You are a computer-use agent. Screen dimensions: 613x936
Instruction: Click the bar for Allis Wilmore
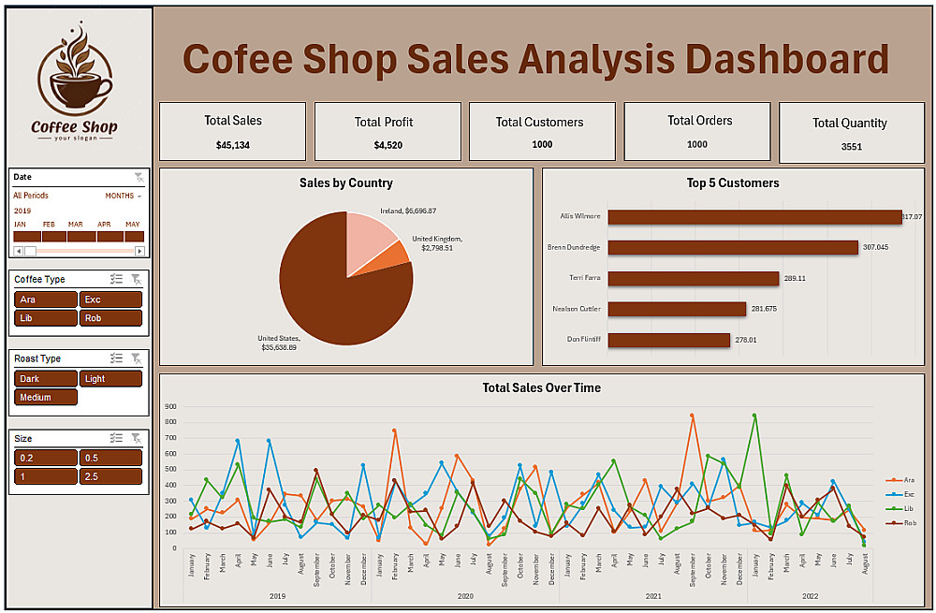tap(753, 217)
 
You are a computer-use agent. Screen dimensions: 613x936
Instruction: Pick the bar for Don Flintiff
tap(668, 340)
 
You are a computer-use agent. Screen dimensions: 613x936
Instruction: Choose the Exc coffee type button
tap(110, 299)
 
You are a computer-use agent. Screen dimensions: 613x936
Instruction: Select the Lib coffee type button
tap(46, 318)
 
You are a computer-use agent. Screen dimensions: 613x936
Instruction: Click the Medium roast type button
tap(46, 397)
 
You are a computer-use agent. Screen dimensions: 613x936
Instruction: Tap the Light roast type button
tap(110, 378)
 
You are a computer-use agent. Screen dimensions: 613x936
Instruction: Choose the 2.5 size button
tap(110, 476)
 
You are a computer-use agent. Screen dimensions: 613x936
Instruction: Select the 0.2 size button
tap(46, 458)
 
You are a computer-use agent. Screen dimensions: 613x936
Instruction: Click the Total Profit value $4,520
tap(388, 145)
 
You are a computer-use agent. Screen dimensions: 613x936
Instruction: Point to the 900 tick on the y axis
tap(170, 407)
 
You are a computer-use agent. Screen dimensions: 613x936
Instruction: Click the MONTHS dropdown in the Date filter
tap(123, 196)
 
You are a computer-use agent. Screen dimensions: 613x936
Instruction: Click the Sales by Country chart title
tap(346, 183)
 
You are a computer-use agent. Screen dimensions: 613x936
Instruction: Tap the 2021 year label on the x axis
tap(652, 595)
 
